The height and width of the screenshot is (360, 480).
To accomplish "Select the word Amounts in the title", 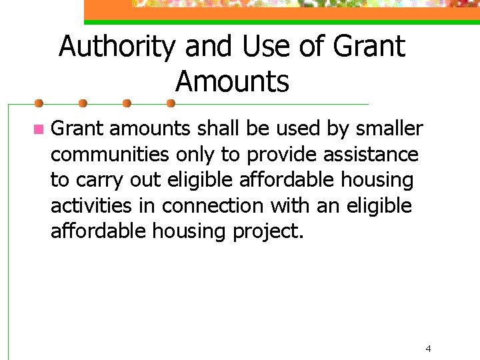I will coord(232,82).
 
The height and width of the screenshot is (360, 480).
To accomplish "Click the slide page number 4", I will coord(428,348).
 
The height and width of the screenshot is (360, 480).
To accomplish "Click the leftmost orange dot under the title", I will coord(39,103).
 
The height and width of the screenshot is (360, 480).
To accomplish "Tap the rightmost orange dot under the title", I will coord(170,103).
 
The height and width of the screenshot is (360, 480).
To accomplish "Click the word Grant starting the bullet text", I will coord(77,128).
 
